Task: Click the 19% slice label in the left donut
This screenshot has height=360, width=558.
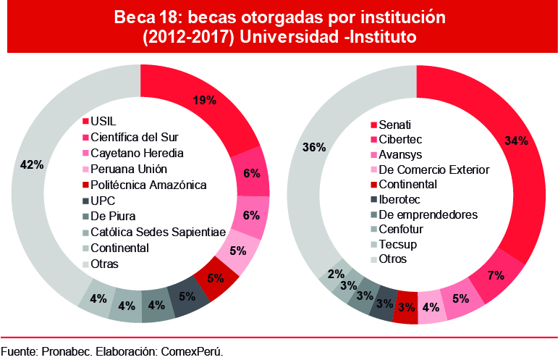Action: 204,101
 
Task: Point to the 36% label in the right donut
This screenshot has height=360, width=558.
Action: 313,147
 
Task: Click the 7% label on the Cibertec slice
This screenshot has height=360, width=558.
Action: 496,276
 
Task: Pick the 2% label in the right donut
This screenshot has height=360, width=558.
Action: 336,274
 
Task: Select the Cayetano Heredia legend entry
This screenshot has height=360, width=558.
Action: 137,153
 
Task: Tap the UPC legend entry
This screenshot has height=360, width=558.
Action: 103,200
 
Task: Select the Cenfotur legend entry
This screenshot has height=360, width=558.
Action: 402,229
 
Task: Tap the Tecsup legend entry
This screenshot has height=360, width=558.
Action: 399,244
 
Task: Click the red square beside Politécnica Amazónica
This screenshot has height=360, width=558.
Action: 85,185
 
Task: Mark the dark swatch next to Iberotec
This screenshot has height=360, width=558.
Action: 374,200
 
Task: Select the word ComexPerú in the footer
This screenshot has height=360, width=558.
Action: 195,351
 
